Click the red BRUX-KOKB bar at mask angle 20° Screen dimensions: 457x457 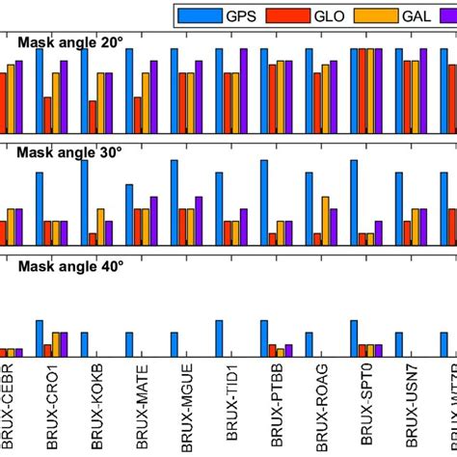click(93, 117)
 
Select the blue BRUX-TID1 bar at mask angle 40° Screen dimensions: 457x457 click(220, 338)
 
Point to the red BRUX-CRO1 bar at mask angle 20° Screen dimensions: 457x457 click(47, 115)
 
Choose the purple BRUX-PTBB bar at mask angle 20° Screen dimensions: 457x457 click(289, 96)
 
